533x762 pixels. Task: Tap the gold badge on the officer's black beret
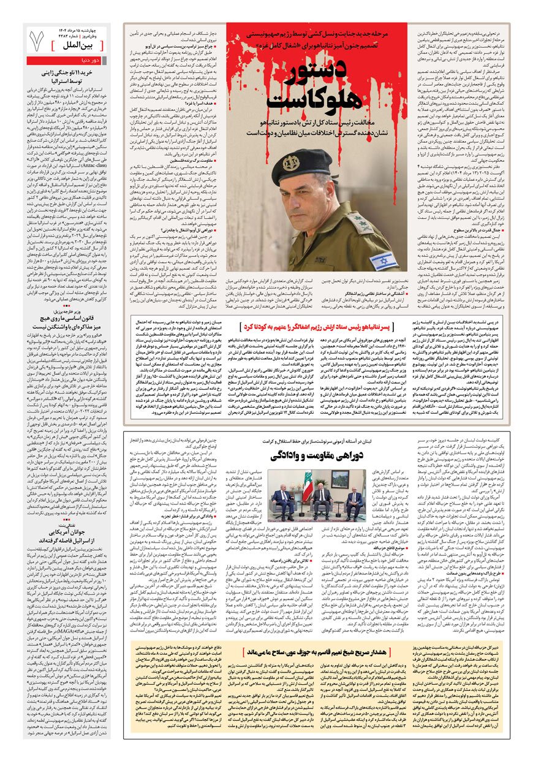pyautogui.click(x=290, y=162)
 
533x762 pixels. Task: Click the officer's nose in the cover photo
pyautogui.click(x=304, y=199)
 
